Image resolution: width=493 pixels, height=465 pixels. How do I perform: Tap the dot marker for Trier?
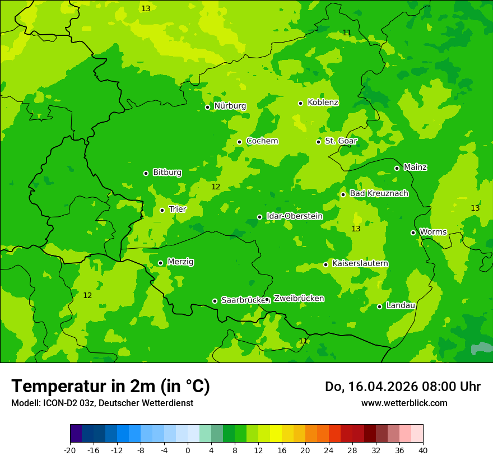click(162, 210)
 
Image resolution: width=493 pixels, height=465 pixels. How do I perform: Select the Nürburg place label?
click(230, 106)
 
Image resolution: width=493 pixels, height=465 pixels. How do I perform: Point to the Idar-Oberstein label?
click(294, 216)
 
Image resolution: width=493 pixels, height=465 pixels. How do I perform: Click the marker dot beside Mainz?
click(397, 168)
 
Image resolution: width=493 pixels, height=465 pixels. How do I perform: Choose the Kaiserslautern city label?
click(360, 264)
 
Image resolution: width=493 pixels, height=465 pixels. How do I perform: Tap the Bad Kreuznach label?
click(379, 193)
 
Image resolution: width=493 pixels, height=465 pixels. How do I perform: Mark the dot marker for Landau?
click(379, 306)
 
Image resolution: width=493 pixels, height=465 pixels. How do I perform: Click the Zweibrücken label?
click(299, 299)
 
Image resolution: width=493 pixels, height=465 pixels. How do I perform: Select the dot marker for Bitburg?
click(146, 173)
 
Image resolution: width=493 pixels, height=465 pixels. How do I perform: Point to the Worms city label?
click(433, 232)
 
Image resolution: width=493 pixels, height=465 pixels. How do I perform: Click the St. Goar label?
click(341, 141)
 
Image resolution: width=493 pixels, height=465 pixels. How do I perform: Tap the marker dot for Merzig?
click(160, 263)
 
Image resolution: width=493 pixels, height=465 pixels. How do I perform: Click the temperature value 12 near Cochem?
click(216, 187)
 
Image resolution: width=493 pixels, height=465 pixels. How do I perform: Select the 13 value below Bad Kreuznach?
click(356, 229)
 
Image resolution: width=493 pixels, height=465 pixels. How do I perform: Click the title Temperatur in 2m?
click(110, 386)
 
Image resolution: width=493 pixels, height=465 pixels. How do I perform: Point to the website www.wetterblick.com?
click(404, 403)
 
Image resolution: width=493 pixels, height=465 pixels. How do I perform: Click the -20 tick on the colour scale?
click(70, 450)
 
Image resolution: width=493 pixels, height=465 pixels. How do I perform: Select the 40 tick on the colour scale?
click(422, 450)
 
